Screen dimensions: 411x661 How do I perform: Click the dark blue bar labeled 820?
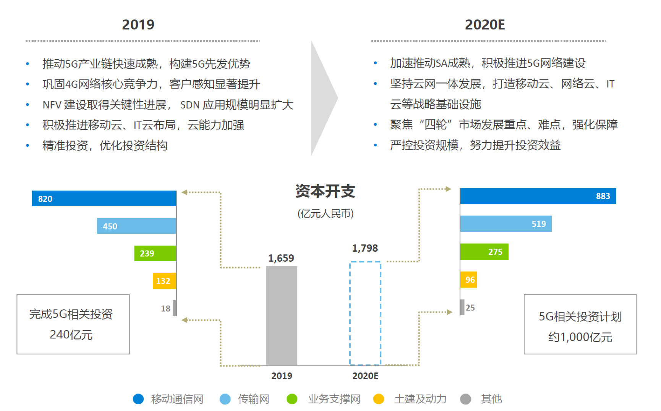click(104, 199)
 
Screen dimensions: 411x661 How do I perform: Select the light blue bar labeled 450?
click(136, 226)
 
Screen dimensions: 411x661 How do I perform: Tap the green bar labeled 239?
click(155, 253)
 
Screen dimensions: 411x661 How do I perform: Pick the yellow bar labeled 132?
click(164, 281)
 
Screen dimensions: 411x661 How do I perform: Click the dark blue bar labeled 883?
click(538, 196)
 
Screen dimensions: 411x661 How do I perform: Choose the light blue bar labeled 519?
click(505, 224)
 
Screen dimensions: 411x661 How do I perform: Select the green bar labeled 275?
click(484, 252)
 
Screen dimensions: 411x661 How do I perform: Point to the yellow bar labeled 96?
click(468, 280)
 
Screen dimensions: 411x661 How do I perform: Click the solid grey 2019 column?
click(282, 316)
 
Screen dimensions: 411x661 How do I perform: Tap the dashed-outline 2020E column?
click(365, 313)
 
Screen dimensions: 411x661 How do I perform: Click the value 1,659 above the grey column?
click(281, 258)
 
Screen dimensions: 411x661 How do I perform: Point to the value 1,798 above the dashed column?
click(365, 248)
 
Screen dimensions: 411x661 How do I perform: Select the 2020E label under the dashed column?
click(365, 376)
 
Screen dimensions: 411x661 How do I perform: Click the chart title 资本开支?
click(325, 191)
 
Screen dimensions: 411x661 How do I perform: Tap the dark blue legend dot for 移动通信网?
click(138, 399)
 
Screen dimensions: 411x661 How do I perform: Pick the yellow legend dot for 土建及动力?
click(379, 399)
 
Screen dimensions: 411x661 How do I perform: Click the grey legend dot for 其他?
click(465, 399)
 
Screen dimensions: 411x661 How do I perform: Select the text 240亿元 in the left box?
click(71, 335)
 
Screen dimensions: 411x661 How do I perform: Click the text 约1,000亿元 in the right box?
click(580, 337)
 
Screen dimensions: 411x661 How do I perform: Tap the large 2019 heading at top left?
click(138, 25)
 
